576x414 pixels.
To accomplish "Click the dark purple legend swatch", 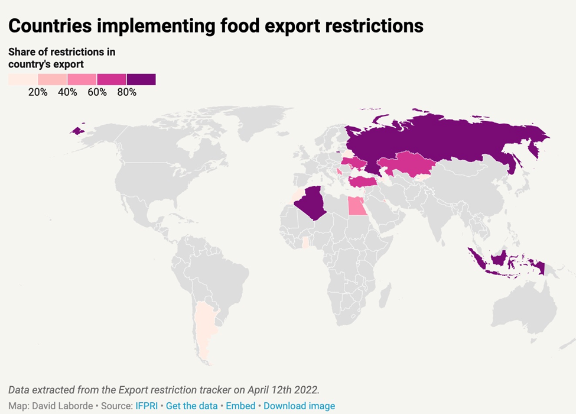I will (x=141, y=80).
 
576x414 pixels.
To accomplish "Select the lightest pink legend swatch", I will (x=23, y=80).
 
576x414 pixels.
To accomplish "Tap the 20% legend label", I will (x=38, y=92).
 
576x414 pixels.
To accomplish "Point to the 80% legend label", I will (x=126, y=92).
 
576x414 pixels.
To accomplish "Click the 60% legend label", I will (x=97, y=92).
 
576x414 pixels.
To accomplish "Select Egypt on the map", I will (x=356, y=206).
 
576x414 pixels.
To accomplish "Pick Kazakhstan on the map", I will (x=405, y=164).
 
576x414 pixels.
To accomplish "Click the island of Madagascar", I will (x=386, y=293).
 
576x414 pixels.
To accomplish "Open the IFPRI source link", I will (x=147, y=406).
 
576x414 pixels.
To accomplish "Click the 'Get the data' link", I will (x=193, y=406).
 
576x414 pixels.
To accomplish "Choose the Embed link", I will (x=240, y=406).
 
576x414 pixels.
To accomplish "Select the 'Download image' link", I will (x=299, y=406).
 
